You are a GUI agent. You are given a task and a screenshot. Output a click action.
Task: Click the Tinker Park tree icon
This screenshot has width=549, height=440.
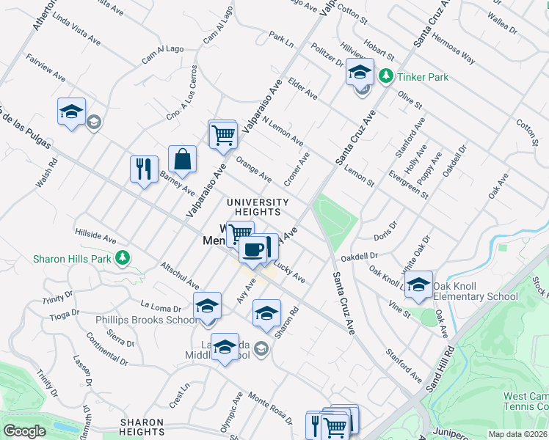[385, 76]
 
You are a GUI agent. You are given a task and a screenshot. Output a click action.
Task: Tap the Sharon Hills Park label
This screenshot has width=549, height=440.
[72, 258]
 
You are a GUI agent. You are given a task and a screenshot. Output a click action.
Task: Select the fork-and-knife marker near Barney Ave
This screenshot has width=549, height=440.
[144, 169]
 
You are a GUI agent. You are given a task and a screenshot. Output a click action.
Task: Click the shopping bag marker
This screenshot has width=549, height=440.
[182, 158]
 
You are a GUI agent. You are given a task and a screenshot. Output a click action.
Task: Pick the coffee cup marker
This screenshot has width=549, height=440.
[253, 249]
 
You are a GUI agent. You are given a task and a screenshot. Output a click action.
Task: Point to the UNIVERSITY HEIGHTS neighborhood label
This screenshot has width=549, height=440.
[258, 208]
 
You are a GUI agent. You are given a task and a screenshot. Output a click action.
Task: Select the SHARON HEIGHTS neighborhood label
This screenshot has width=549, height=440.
[141, 427]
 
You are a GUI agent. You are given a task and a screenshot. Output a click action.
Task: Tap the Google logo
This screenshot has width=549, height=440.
[24, 431]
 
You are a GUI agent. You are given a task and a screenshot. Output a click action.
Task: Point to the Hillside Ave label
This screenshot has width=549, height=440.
[95, 236]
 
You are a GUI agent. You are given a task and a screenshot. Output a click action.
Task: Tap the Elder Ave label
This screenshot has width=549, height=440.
[302, 89]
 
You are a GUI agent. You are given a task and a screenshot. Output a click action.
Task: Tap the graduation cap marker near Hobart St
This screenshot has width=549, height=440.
[359, 73]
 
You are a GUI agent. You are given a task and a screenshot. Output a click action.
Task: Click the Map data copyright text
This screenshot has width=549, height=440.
[517, 434]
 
